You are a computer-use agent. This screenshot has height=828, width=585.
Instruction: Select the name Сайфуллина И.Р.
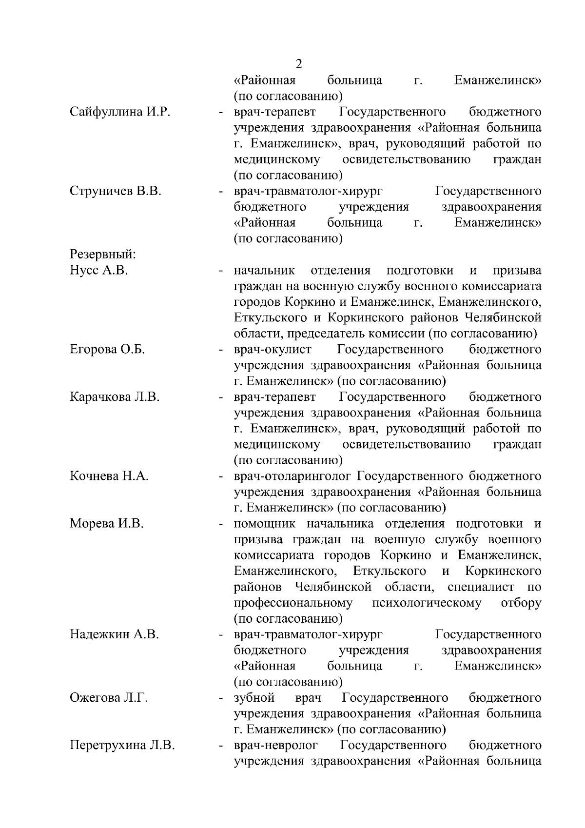pyautogui.click(x=119, y=112)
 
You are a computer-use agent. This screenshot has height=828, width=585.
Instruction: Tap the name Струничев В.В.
pyautogui.click(x=116, y=191)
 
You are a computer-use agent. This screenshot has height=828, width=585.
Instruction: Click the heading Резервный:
pyautogui.click(x=103, y=254)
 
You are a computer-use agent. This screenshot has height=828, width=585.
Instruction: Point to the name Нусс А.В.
pyautogui.click(x=98, y=270)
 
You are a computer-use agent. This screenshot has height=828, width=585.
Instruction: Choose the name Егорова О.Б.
pyautogui.click(x=107, y=350)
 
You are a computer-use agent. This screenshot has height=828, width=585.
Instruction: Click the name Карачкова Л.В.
pyautogui.click(x=115, y=397)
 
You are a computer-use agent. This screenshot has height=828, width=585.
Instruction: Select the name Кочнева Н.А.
pyautogui.click(x=109, y=476)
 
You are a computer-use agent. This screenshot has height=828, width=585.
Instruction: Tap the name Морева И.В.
pyautogui.click(x=107, y=524)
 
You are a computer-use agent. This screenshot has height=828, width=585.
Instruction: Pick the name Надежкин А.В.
pyautogui.click(x=114, y=634)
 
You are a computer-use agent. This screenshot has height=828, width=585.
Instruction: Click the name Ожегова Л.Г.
pyautogui.click(x=108, y=698)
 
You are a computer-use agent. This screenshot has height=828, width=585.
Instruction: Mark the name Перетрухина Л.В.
pyautogui.click(x=122, y=746)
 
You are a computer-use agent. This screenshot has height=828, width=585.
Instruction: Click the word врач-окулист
pyautogui.click(x=272, y=350)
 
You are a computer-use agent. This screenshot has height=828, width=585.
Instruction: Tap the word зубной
pyautogui.click(x=254, y=698)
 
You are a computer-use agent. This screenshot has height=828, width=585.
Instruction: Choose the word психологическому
pyautogui.click(x=426, y=603)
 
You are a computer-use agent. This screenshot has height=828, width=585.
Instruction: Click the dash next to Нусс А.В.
pyautogui.click(x=221, y=271)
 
